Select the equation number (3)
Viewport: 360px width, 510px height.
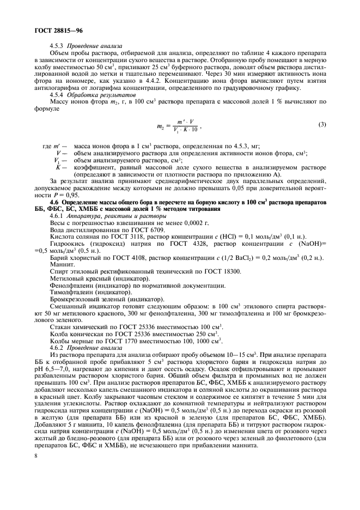321,124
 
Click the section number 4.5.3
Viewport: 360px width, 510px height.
57,46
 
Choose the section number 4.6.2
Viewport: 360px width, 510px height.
57,347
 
